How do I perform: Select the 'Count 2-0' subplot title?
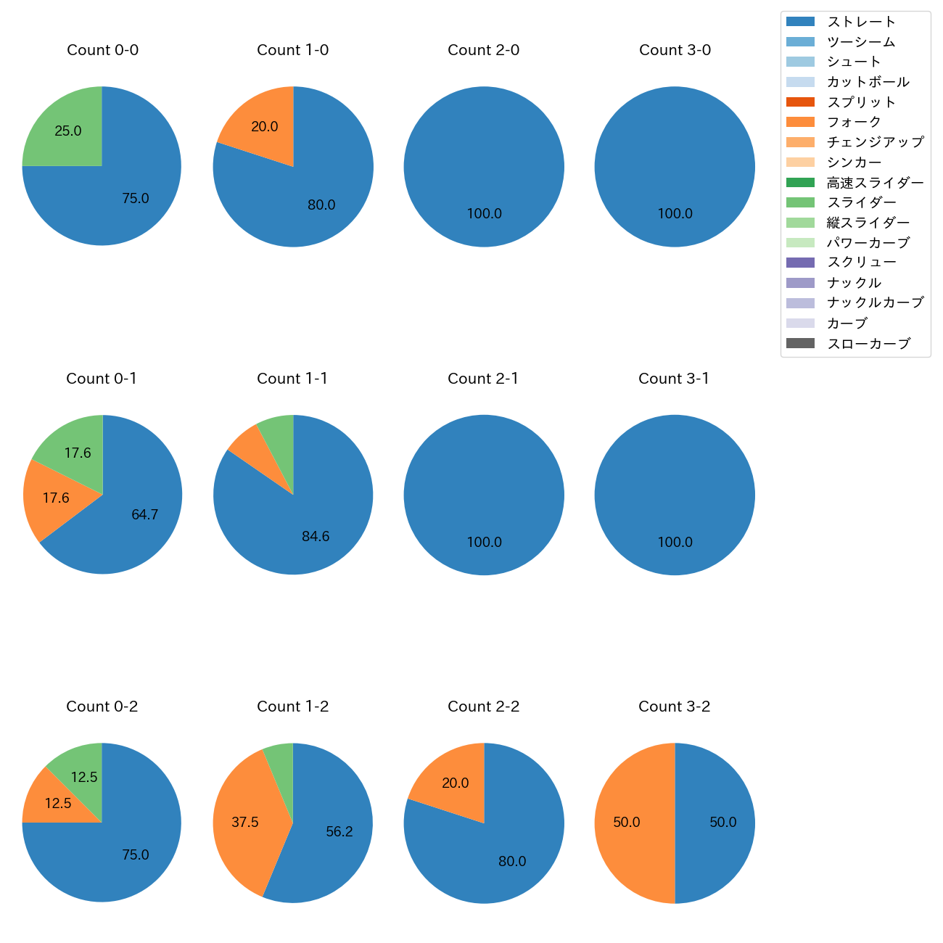point(483,50)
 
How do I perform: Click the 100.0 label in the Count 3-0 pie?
point(675,214)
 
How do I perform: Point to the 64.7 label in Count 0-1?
point(144,515)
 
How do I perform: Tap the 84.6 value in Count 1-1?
point(316,537)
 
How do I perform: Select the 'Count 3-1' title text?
point(674,379)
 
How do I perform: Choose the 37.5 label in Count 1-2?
point(245,823)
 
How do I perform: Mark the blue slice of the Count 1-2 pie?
point(334,834)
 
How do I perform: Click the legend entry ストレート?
point(861,22)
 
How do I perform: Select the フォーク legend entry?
point(854,122)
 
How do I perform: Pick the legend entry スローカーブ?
point(868,344)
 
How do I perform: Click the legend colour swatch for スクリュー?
point(800,263)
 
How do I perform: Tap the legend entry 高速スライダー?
point(875,183)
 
